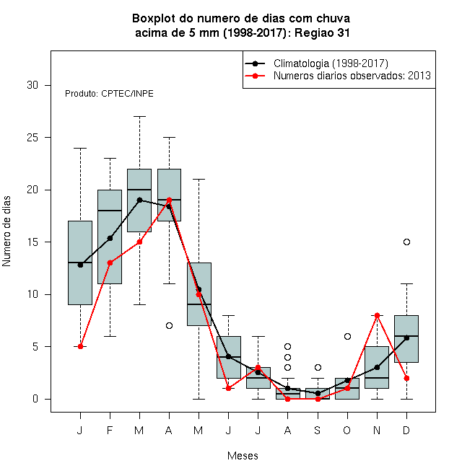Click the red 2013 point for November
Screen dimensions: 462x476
[377, 315]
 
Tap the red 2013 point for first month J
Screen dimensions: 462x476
[80, 346]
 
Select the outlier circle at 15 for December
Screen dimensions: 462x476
[406, 242]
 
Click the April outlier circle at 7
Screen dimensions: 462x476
[170, 325]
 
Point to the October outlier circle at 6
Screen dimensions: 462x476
[347, 336]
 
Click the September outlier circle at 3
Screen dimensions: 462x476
[318, 367]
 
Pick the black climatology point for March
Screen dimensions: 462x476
[139, 200]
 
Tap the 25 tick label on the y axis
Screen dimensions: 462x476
[32, 138]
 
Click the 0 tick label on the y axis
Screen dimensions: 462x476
[35, 399]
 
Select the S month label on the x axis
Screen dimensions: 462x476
[318, 430]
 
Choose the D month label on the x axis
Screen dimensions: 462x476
[406, 430]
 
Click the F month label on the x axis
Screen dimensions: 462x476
[110, 430]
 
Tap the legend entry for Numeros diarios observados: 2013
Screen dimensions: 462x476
[338, 76]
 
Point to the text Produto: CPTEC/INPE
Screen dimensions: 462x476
[109, 94]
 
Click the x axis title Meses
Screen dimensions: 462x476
[243, 456]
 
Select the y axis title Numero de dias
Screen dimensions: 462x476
[6, 232]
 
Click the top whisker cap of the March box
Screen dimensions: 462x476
[139, 116]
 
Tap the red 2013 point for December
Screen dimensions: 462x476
[406, 378]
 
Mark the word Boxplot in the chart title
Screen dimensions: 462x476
[154, 19]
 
